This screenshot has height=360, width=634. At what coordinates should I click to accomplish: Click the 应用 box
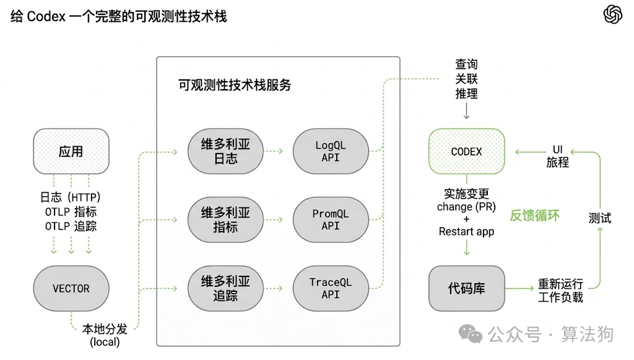click(x=71, y=151)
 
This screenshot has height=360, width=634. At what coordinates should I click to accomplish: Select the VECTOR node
click(x=71, y=288)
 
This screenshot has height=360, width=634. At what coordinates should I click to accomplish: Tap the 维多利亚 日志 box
click(x=225, y=151)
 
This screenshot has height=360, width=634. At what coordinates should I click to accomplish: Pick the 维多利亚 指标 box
click(x=225, y=220)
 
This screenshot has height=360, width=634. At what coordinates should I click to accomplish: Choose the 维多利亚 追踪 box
click(x=225, y=288)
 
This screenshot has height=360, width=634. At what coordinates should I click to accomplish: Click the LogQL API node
click(x=330, y=151)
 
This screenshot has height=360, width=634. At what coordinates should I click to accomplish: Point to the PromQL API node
click(x=330, y=220)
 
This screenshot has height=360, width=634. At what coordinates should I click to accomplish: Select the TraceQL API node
click(x=330, y=288)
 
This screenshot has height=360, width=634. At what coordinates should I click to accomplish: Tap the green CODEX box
click(x=466, y=151)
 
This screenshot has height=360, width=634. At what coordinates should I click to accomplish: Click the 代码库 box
click(x=466, y=288)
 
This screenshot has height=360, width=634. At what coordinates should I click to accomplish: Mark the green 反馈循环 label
click(x=535, y=216)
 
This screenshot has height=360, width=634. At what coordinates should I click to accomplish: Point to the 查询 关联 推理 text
click(x=466, y=79)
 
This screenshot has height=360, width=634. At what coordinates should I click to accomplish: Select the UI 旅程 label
click(x=557, y=156)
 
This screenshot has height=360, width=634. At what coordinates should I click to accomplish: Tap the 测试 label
click(x=599, y=218)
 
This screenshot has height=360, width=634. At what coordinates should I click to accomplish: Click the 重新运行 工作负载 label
click(x=560, y=291)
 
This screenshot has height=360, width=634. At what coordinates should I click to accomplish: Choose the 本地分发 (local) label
click(x=105, y=335)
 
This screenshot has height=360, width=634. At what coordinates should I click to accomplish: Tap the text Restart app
click(x=466, y=231)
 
